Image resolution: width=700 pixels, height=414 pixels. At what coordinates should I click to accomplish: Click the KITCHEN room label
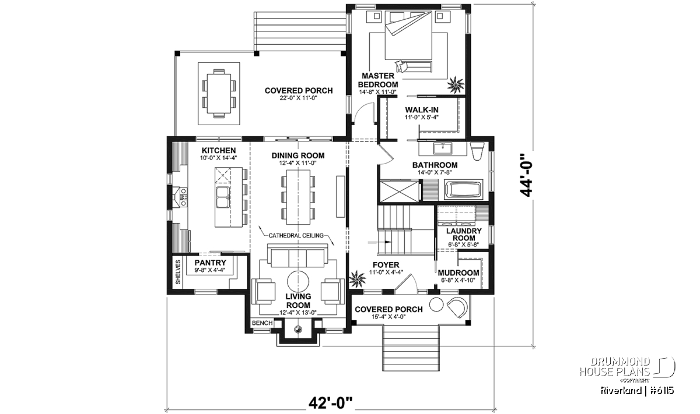point(219,150)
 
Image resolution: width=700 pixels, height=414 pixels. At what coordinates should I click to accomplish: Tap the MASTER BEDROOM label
point(378,80)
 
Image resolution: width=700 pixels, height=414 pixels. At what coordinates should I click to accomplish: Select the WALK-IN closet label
point(422,110)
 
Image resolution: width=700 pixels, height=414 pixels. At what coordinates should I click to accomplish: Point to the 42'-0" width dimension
point(330,403)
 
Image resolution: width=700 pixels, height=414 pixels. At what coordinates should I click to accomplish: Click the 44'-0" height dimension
point(526,175)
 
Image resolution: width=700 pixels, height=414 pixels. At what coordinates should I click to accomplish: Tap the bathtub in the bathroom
point(464,189)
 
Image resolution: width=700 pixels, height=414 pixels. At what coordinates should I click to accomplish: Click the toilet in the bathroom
point(477,151)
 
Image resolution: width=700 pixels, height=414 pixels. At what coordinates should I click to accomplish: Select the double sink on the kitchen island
point(222,197)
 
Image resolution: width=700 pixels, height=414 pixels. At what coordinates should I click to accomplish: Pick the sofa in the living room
point(297,256)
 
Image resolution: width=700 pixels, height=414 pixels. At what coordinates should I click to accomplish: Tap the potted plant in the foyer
point(357,278)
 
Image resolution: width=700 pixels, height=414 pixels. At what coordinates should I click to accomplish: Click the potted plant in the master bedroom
point(456,84)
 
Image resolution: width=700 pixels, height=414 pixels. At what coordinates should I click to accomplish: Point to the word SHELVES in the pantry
point(178,272)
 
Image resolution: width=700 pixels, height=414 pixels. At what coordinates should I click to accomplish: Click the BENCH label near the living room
point(262,323)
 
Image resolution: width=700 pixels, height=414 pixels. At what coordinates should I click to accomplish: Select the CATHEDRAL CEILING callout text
point(296,236)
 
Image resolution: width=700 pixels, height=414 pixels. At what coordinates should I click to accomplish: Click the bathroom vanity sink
point(443,148)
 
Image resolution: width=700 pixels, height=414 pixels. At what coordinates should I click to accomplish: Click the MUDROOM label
point(459,273)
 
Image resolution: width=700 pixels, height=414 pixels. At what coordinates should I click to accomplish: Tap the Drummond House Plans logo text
point(615,367)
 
